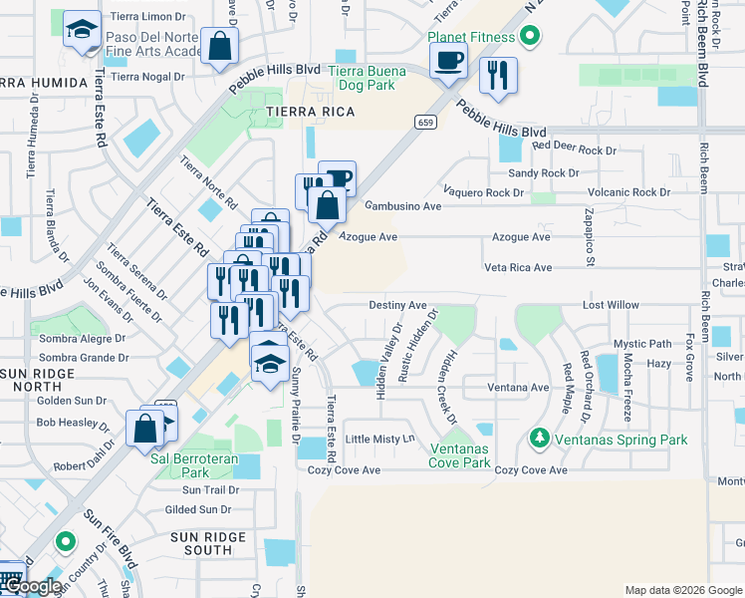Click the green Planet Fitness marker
pyautogui.click(x=530, y=38)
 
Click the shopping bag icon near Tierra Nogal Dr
pyautogui.click(x=218, y=45)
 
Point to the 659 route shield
pyautogui.click(x=425, y=123)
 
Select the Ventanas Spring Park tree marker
pyautogui.click(x=539, y=438)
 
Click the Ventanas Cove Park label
pyautogui.click(x=459, y=455)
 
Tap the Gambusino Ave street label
pyautogui.click(x=402, y=206)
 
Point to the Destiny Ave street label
pyautogui.click(x=397, y=305)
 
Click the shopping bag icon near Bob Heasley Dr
pyautogui.click(x=144, y=429)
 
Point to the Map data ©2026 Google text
pyautogui.click(x=682, y=590)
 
